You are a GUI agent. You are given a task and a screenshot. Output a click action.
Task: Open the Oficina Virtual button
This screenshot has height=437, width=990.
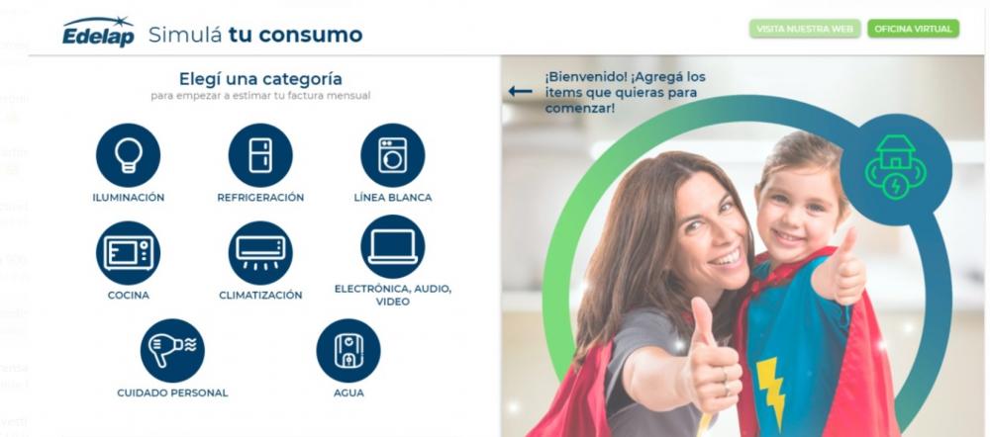click(x=913, y=29)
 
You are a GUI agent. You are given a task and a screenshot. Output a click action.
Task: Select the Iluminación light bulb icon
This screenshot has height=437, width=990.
click(x=128, y=155)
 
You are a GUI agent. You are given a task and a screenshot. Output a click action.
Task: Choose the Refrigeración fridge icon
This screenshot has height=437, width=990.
click(x=260, y=155)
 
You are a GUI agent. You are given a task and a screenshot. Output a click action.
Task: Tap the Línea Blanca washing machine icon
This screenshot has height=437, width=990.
click(x=392, y=155)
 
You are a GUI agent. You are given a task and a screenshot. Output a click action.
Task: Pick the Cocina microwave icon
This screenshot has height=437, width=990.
click(x=128, y=252)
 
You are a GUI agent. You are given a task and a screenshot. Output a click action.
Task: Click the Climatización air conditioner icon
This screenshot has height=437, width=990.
click(x=260, y=252)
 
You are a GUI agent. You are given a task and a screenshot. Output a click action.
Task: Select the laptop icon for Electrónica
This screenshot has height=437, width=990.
click(x=392, y=247)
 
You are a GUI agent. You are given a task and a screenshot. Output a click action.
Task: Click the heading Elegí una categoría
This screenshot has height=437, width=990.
click(x=260, y=79)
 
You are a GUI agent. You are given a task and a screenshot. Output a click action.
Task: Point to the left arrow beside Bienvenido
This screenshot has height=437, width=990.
click(x=520, y=92)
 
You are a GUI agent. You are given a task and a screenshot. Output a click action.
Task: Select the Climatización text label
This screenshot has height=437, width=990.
click(x=260, y=295)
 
